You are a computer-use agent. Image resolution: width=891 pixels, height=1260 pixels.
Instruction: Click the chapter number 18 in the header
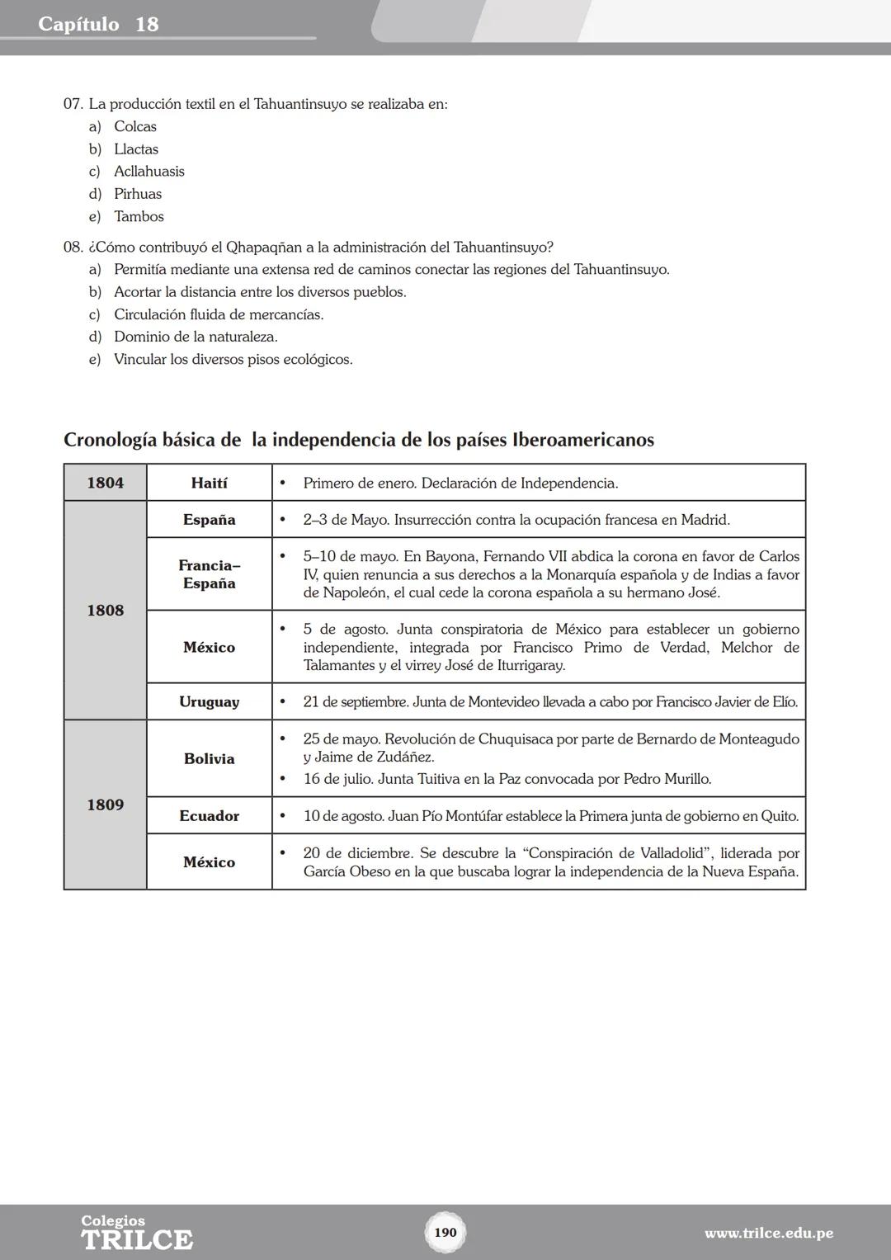tap(147, 24)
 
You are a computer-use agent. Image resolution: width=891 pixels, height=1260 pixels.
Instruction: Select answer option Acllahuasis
tap(149, 172)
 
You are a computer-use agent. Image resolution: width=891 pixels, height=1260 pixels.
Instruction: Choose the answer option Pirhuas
tap(138, 194)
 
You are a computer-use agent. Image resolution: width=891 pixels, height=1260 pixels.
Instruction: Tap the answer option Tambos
tap(139, 217)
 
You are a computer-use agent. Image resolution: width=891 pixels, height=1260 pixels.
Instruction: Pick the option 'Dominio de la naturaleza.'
tap(196, 337)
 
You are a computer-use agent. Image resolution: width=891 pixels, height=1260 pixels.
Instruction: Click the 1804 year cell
tap(106, 483)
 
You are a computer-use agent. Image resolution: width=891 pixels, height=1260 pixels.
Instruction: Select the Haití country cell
tap(210, 483)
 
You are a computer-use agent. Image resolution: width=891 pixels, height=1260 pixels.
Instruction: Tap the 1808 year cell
tap(106, 611)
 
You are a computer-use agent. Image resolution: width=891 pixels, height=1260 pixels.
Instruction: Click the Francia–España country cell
tap(210, 574)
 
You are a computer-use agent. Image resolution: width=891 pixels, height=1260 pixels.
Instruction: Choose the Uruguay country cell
tap(210, 702)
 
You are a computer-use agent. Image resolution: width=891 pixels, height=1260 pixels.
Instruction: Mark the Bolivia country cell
tap(210, 759)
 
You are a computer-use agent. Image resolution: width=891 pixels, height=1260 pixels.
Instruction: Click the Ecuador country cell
tap(210, 816)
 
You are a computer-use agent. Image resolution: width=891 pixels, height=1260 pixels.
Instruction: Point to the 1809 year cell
tap(106, 805)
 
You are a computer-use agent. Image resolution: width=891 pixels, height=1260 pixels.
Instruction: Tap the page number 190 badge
tap(445, 1233)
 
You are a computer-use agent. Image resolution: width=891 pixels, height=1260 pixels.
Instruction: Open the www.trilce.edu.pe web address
tap(768, 1234)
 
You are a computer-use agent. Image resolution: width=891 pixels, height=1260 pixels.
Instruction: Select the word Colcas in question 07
tap(135, 127)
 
